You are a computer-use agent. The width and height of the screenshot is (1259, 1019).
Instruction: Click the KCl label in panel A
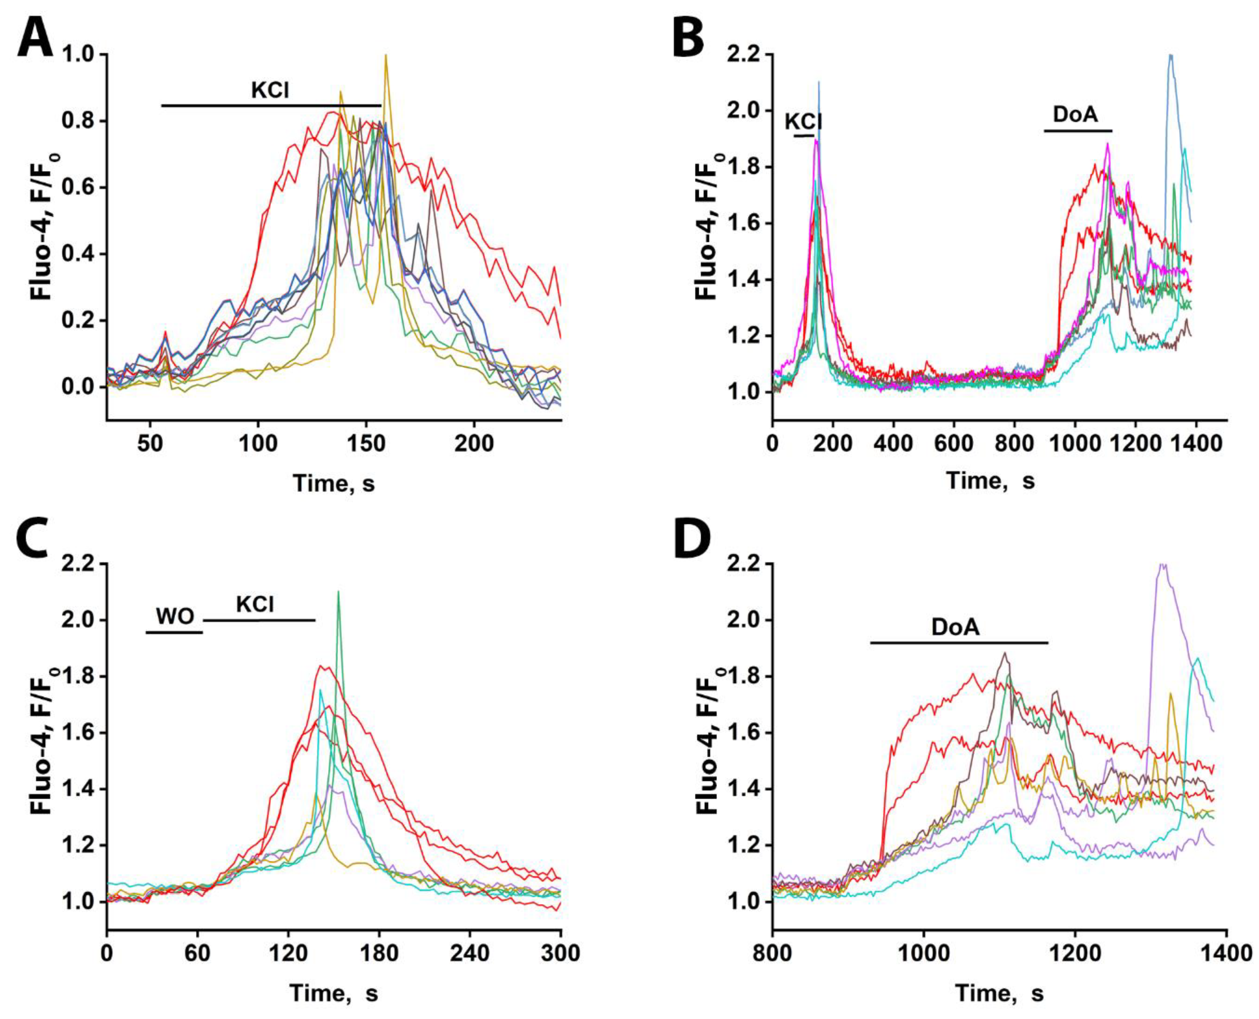point(271,90)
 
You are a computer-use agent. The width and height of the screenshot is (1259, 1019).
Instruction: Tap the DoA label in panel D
point(955,627)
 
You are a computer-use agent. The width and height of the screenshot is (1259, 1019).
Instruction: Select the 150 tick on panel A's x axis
point(366,444)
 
